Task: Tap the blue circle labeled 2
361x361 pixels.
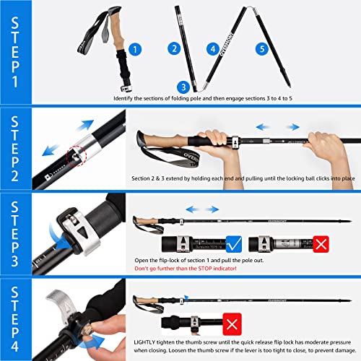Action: [173, 49]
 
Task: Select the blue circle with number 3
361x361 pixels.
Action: [183, 86]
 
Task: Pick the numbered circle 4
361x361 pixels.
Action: [213, 49]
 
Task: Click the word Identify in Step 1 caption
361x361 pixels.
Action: [126, 97]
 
